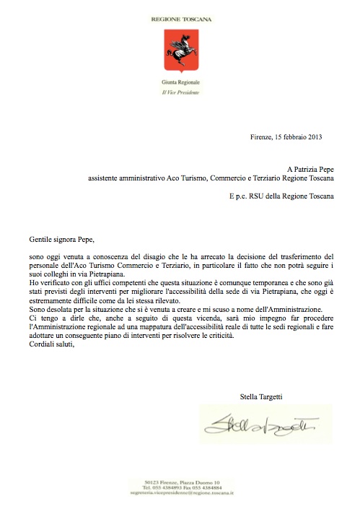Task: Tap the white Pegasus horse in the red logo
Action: [x=181, y=51]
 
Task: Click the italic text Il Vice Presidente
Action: [x=181, y=92]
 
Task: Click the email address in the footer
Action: [x=180, y=495]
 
